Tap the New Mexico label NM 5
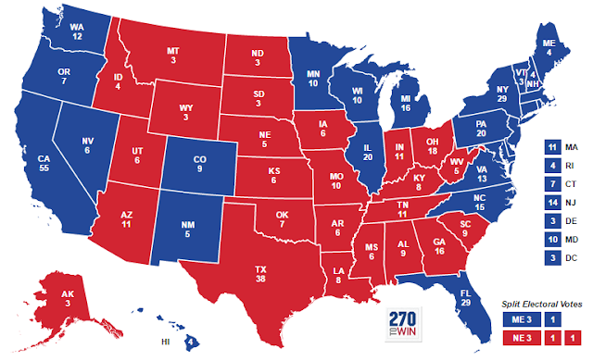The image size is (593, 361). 188,227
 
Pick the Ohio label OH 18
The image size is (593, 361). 431,145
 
